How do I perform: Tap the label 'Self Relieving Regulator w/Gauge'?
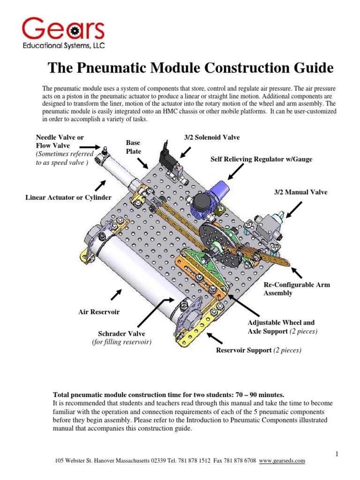(x=262, y=159)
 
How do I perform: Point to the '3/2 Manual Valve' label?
(x=300, y=192)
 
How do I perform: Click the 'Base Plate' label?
(x=133, y=146)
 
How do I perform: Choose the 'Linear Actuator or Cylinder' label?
(x=68, y=197)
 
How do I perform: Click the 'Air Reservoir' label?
(x=99, y=312)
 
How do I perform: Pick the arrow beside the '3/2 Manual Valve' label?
(x=294, y=210)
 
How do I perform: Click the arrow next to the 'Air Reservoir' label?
(x=116, y=295)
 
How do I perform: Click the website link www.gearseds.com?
(x=282, y=461)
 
